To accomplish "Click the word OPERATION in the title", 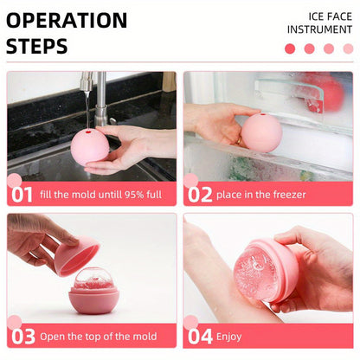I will tap(67, 20).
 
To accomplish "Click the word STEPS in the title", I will tap(36, 46).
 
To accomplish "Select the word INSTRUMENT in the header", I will tap(319, 29).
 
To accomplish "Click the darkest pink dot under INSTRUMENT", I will tap(290, 48).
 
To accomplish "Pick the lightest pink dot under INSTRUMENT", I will tap(348, 48).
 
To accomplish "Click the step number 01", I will tap(22, 194).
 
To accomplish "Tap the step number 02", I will tap(200, 194).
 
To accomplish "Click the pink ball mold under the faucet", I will tap(89, 145).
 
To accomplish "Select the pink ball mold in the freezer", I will tap(260, 132).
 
